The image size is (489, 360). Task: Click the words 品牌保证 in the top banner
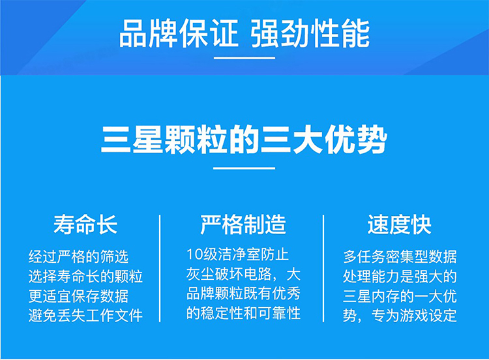click(x=179, y=33)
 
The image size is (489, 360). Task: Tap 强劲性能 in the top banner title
click(x=310, y=33)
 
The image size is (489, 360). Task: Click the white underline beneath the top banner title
click(x=244, y=57)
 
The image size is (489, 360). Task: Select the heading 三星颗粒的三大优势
click(x=244, y=140)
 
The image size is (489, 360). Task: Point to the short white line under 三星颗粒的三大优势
click(x=244, y=168)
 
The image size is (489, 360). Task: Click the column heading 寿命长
click(x=85, y=224)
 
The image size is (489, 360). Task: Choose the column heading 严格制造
click(x=243, y=224)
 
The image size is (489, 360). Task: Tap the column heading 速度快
click(x=400, y=224)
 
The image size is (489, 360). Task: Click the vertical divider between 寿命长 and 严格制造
click(x=160, y=268)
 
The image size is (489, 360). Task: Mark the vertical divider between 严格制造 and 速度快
click(x=323, y=268)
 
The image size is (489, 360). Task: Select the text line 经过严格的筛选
click(x=79, y=257)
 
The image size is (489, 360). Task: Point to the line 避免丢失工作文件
click(x=86, y=315)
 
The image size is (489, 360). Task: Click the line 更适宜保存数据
click(x=79, y=295)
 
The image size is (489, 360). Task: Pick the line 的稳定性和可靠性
click(x=244, y=313)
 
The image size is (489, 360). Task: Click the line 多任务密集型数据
click(x=400, y=257)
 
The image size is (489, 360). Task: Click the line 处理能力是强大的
click(x=400, y=276)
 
